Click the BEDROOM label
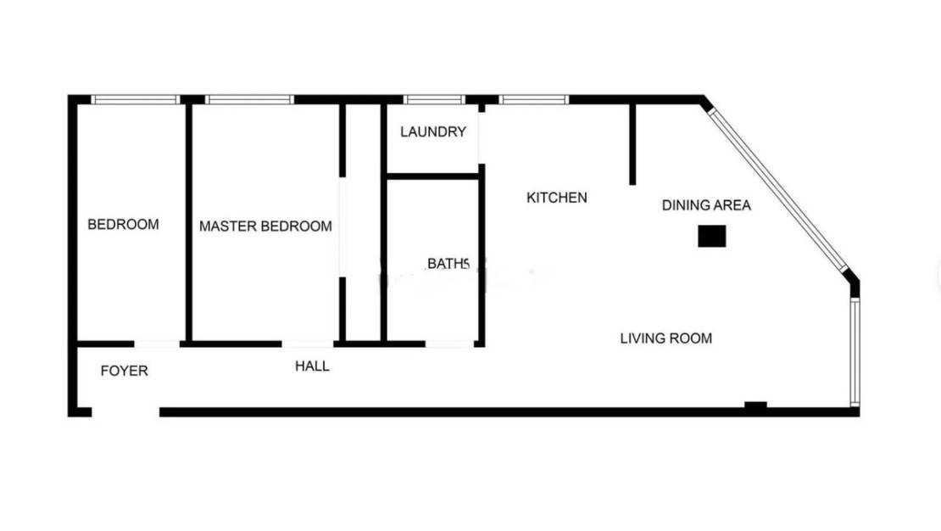(x=123, y=225)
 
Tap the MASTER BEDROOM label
(x=265, y=226)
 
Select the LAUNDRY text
(x=433, y=132)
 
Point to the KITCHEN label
(x=557, y=198)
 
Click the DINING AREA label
(x=706, y=205)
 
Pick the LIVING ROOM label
(x=665, y=338)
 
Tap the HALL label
(x=312, y=366)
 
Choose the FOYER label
(x=124, y=371)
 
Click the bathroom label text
(x=448, y=264)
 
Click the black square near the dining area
(x=711, y=237)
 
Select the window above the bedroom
(x=136, y=99)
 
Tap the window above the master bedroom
(x=249, y=99)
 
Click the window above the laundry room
(x=434, y=99)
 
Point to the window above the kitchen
(x=533, y=99)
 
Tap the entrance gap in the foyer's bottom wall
(x=125, y=412)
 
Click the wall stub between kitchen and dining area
(x=632, y=144)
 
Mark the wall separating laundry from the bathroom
(x=433, y=176)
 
